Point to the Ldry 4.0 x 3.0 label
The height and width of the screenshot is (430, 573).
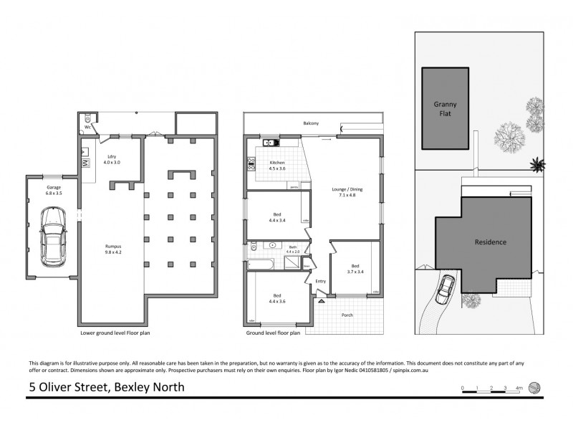(111, 159)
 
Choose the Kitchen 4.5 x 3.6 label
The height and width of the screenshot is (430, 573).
(277, 166)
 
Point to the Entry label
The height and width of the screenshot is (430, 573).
(320, 282)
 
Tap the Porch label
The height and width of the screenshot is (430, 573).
(347, 315)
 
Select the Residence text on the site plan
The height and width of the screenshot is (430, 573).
(491, 242)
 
